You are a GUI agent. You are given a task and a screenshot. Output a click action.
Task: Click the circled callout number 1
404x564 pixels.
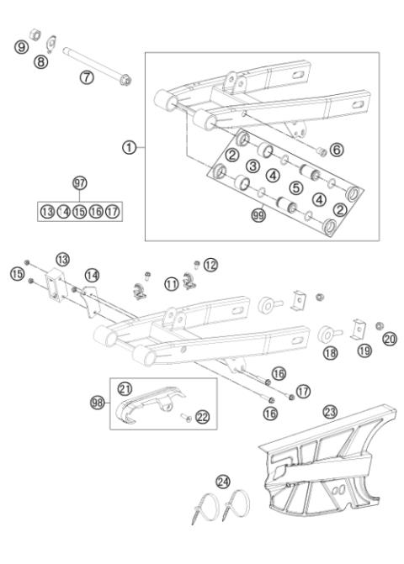(129, 147)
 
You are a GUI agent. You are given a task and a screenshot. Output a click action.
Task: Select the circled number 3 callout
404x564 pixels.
(252, 166)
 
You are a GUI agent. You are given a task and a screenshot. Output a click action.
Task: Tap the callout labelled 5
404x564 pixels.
(295, 187)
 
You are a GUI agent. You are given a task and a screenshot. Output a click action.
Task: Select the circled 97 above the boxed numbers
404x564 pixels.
(80, 182)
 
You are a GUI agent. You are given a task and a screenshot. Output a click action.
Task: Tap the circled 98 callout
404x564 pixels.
(98, 403)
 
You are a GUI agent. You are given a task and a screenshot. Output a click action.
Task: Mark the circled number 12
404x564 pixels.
(210, 265)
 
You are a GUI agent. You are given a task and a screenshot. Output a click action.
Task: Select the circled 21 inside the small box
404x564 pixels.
(125, 388)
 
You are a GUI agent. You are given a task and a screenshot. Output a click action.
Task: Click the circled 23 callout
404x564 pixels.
(330, 411)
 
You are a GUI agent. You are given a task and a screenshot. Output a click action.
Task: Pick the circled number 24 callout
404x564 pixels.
(222, 482)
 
